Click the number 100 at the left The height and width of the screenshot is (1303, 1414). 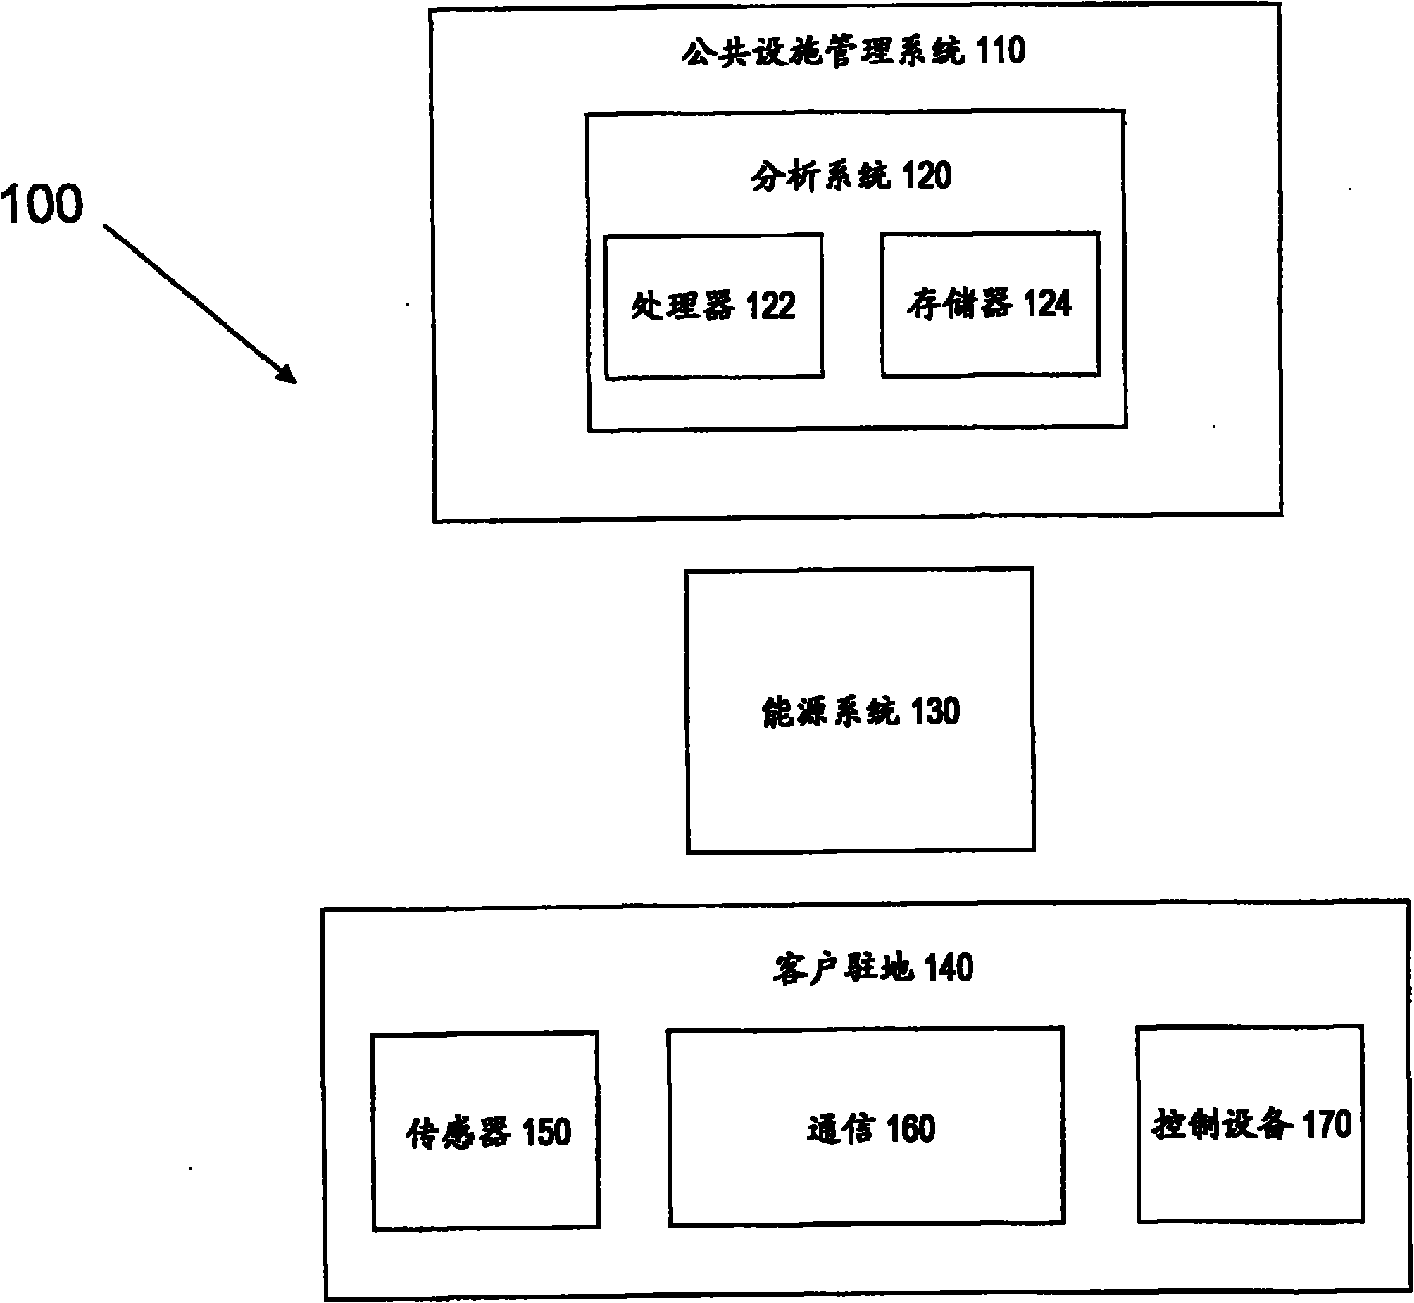tap(42, 204)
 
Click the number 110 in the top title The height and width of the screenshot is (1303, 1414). tap(1000, 51)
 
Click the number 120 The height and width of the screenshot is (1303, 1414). tap(927, 175)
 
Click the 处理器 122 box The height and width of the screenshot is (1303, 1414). tap(714, 339)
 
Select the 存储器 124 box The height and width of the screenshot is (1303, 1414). tap(990, 339)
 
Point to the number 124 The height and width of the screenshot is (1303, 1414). tap(1047, 304)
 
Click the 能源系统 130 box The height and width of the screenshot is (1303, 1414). tap(861, 776)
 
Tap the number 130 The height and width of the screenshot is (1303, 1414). tap(936, 712)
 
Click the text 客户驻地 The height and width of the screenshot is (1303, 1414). tap(844, 968)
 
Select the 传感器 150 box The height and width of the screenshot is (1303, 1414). tap(486, 1185)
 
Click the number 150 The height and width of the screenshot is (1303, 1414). tap(546, 1133)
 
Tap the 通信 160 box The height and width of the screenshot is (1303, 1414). tap(866, 1185)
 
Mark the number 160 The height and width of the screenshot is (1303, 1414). tap(911, 1129)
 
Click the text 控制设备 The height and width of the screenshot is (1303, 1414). tap(1222, 1125)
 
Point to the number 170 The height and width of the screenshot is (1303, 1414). tap(1327, 1124)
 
